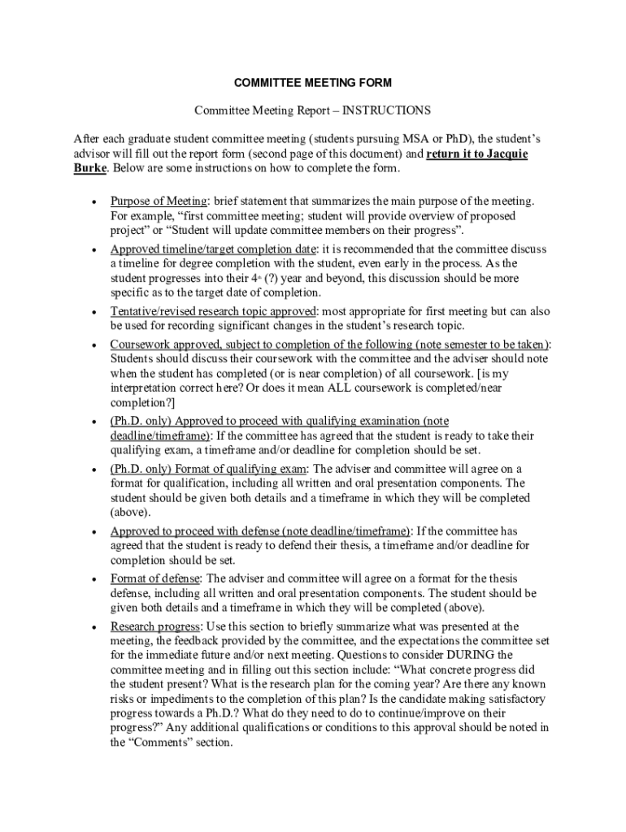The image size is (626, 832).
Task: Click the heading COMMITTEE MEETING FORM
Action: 312,83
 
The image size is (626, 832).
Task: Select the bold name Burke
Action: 89,168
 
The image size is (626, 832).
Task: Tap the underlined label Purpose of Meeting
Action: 159,201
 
